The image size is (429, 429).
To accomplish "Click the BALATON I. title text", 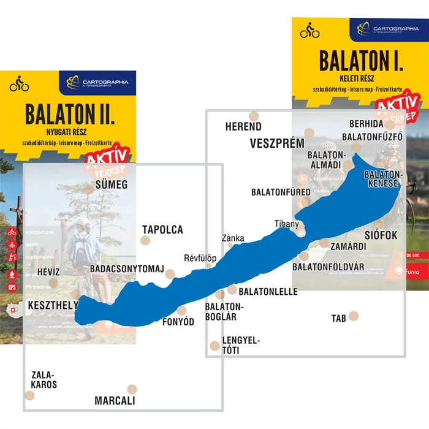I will (360, 62).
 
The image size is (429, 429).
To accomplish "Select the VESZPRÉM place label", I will (277, 143).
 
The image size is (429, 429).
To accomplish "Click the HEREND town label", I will (243, 127).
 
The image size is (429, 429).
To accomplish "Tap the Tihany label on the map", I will (286, 224).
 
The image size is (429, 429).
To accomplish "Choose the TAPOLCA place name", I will (162, 230).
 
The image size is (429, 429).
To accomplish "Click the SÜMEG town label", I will (111, 184).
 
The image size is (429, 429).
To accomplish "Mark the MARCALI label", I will (115, 401).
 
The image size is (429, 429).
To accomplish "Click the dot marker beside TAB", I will (354, 316).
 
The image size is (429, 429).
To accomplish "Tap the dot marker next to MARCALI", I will (132, 389).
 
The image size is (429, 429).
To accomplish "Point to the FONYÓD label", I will (178, 322).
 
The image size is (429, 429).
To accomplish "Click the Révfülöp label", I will (200, 258).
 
